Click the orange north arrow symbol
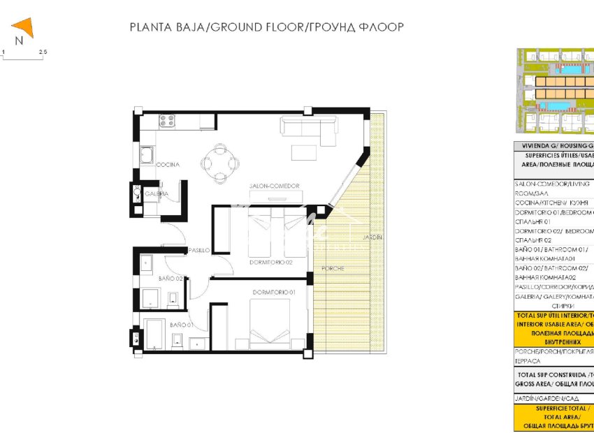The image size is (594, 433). (24, 29)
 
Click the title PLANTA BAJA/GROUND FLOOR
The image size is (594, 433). (267, 27)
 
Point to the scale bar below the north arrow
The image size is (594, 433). (23, 57)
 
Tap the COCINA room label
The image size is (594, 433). (168, 165)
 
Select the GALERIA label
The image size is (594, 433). (156, 193)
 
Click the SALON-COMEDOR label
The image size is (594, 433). (275, 186)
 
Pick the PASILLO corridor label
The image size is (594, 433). (198, 250)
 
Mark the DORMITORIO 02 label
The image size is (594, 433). (270, 263)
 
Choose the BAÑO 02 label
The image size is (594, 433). (170, 279)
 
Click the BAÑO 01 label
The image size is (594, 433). (180, 325)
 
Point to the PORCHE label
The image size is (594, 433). (333, 268)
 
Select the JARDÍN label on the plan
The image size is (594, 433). (372, 237)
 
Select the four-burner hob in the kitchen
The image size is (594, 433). (167, 122)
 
